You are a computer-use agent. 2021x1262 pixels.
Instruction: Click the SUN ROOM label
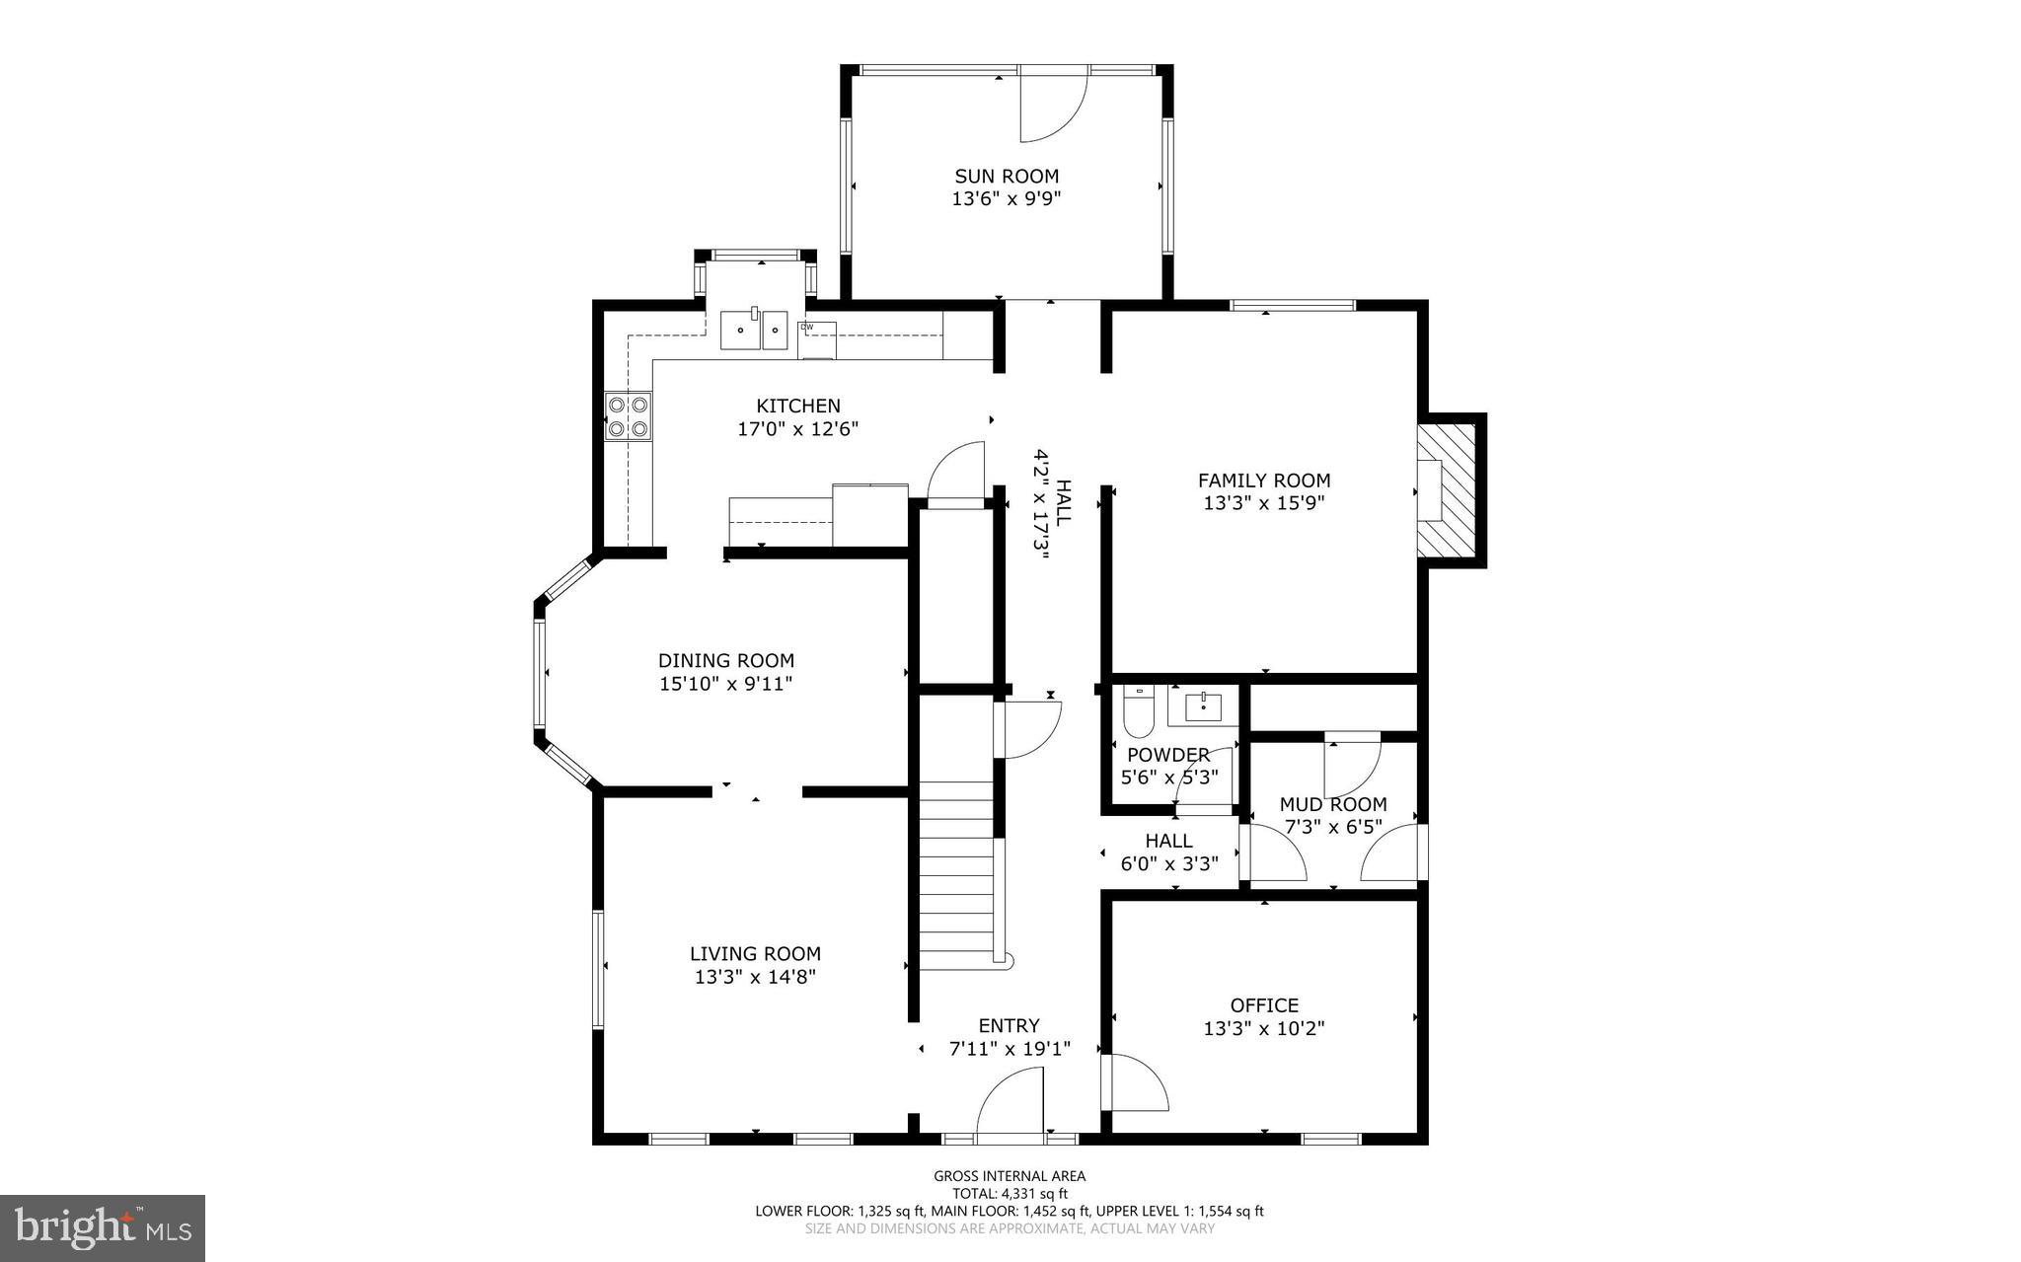[x=1006, y=177]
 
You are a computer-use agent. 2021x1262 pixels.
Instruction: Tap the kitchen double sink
[x=755, y=330]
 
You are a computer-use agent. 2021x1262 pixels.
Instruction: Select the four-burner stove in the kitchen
[x=629, y=415]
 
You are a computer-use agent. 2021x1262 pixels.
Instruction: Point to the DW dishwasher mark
[x=806, y=327]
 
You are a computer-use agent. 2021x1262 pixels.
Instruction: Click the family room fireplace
[x=1447, y=489]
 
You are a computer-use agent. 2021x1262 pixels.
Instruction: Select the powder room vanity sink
[x=1203, y=706]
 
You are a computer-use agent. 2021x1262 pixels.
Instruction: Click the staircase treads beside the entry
[x=956, y=868]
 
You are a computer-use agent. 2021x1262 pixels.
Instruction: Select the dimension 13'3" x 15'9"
[x=1263, y=503]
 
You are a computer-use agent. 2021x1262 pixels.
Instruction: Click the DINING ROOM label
[x=725, y=661]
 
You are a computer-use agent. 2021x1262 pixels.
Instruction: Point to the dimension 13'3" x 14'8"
[x=755, y=978]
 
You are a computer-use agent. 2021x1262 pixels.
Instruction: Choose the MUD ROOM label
[x=1332, y=805]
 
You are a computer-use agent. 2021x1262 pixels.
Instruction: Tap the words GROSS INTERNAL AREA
[x=1010, y=1176]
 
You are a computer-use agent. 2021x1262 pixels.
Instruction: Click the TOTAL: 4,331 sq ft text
[x=1010, y=1194]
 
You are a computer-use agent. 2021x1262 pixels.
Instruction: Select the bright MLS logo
[x=103, y=1227]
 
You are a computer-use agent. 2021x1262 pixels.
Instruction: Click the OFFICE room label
[x=1263, y=1005]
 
